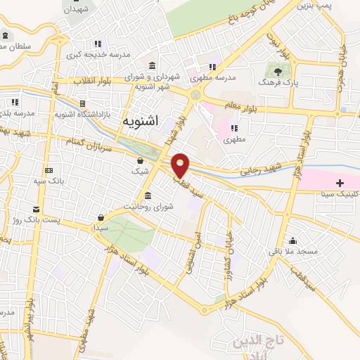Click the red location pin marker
[x=181, y=165]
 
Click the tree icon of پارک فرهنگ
[x=278, y=71]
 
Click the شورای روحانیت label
[x=148, y=207]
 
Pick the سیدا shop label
[x=101, y=228]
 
